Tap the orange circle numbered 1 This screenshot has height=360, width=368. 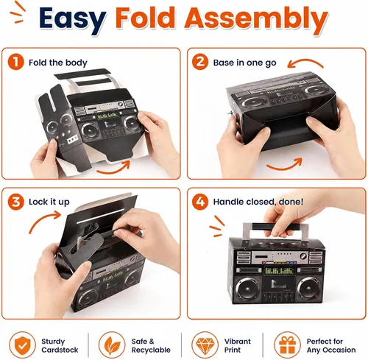15,62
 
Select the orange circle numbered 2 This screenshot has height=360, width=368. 200,62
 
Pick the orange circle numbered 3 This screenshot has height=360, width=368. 15,202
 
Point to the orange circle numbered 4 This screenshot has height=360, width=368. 200,202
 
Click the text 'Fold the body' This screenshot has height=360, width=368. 58,63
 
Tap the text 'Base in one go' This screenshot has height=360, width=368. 244,63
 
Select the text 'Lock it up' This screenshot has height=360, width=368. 49,202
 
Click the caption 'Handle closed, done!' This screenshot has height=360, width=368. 258,202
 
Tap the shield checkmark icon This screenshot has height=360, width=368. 22,345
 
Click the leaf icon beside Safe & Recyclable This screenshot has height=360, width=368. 112,345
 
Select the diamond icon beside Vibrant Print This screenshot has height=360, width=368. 205,345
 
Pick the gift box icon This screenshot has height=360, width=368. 287,345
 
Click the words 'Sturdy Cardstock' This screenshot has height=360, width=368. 60,345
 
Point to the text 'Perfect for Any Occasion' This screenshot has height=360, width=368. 331,345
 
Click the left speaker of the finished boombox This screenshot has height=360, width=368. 248,290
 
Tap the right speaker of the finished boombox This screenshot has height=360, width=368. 310,290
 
